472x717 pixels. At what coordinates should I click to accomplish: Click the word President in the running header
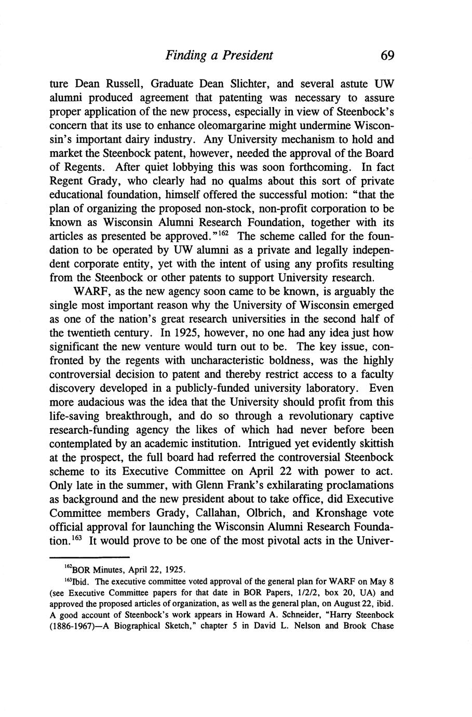pyautogui.click(x=247, y=55)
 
